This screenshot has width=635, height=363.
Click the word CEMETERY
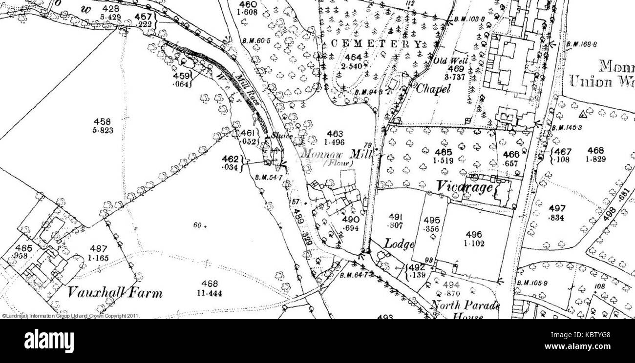pos(376,44)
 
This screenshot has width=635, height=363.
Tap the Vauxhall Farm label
pos(115,293)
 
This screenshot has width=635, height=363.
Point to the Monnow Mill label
pos(337,154)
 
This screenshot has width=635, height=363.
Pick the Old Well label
pos(451,61)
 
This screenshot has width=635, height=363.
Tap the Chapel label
pos(433,89)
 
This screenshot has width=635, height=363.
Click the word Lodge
pos(399,243)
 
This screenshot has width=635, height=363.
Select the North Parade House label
pos(465,310)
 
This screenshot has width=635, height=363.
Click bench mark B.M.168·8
pos(581,44)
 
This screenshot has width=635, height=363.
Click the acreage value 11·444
pos(209,292)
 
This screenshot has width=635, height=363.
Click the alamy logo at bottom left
pos(49,340)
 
